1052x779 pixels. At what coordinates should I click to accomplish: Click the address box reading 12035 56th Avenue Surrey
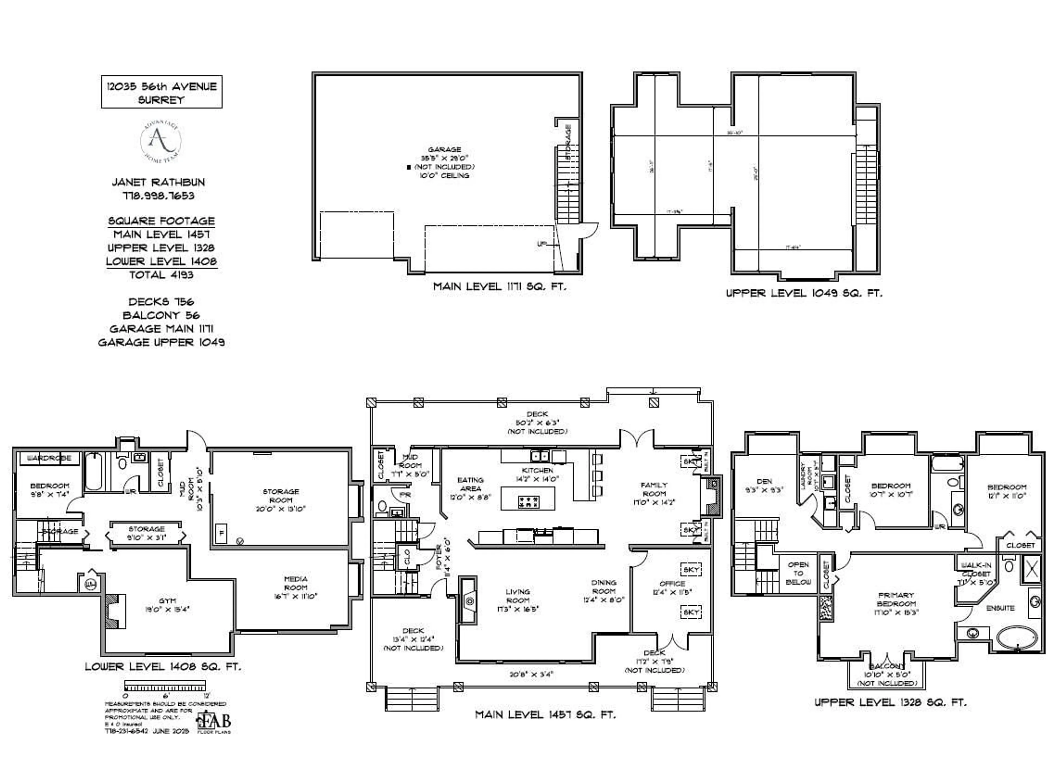(x=161, y=93)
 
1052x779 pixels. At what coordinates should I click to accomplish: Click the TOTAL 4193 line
(x=161, y=275)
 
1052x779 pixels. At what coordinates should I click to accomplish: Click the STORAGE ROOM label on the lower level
(x=281, y=496)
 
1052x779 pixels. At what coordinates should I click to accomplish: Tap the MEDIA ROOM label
(x=296, y=583)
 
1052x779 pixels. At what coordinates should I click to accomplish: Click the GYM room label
(x=167, y=601)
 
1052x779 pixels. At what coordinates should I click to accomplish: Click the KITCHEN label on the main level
(x=537, y=470)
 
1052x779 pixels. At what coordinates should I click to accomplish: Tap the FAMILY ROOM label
(x=654, y=489)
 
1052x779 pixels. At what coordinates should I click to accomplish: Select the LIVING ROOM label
(x=518, y=596)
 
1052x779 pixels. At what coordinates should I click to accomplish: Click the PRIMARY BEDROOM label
(x=896, y=599)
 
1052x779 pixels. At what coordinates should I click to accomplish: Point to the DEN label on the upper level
(x=764, y=481)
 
